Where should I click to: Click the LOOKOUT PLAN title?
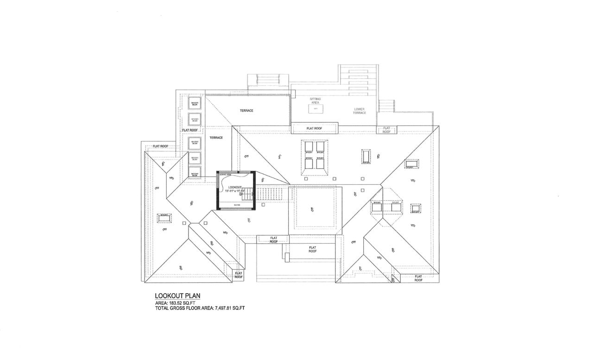point(177,296)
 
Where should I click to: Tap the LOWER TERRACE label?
point(360,111)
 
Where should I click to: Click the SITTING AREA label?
point(315,101)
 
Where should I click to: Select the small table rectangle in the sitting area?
point(315,108)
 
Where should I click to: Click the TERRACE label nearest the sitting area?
point(246,111)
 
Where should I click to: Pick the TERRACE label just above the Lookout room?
point(216,138)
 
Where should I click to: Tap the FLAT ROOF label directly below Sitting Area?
point(314,128)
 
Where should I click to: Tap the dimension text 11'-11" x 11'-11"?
point(235,191)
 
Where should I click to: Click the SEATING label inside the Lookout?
point(237,205)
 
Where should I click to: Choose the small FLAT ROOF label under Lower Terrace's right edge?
point(386,130)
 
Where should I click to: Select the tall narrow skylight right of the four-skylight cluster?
point(366,156)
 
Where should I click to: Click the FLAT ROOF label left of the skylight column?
point(160,146)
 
